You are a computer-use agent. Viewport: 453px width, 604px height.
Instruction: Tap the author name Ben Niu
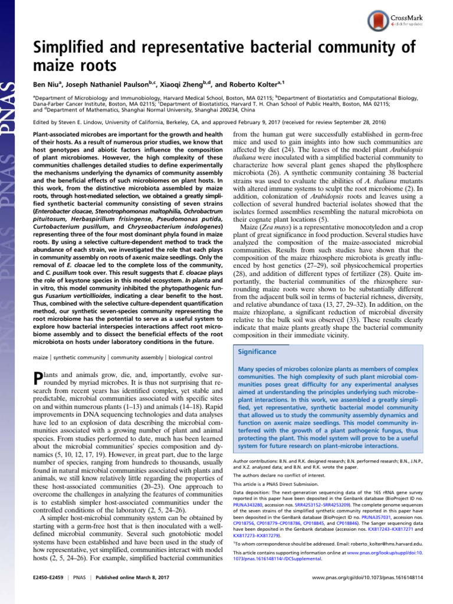pyautogui.click(x=48, y=84)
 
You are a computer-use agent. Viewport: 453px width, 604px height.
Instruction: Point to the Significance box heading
pyautogui.click(x=256, y=352)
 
